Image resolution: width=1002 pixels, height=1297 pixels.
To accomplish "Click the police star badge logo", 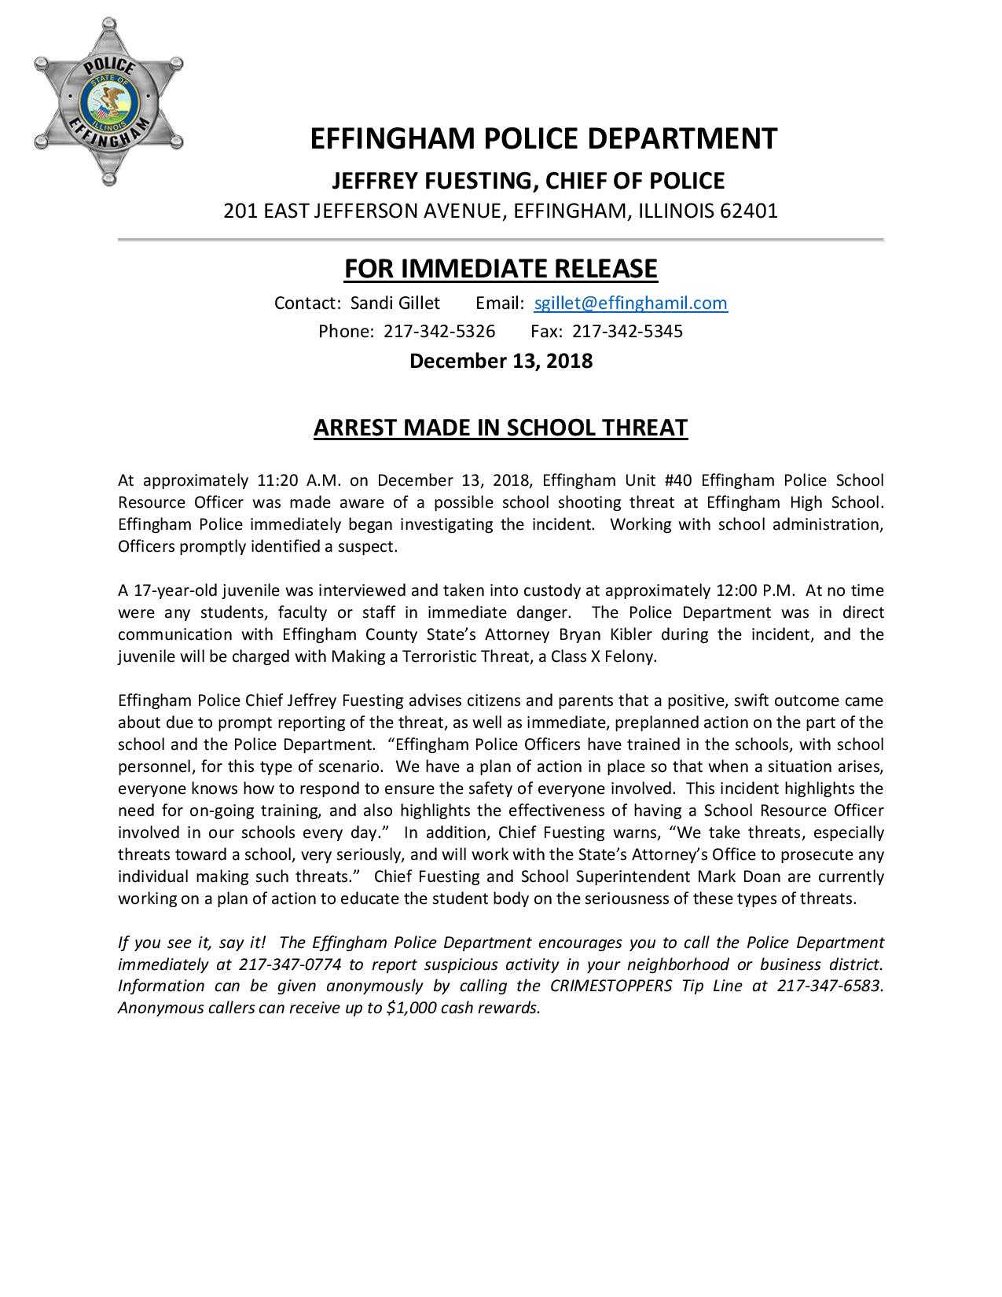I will coord(109,103).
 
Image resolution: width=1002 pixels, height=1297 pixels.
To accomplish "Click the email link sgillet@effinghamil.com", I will coord(630,303).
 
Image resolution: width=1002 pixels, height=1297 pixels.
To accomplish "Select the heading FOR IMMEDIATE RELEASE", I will coord(501,269).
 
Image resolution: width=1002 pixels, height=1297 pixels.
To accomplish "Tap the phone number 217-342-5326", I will coord(439,331).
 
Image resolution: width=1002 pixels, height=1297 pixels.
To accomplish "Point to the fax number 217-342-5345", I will coord(627,331).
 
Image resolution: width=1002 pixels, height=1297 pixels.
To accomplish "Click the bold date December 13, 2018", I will coord(501,362).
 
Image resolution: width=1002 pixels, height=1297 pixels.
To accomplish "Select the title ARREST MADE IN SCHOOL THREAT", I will coord(501,428).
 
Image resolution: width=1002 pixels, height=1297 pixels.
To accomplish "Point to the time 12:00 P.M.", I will coord(750,590).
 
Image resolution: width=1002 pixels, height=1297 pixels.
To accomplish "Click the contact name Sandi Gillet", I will coord(395,303).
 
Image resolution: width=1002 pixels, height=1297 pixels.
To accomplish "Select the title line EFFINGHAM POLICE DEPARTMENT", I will coord(543,138).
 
